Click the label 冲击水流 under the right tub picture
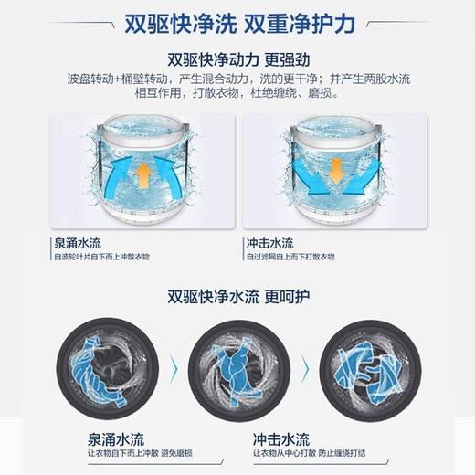(x=272, y=245)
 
